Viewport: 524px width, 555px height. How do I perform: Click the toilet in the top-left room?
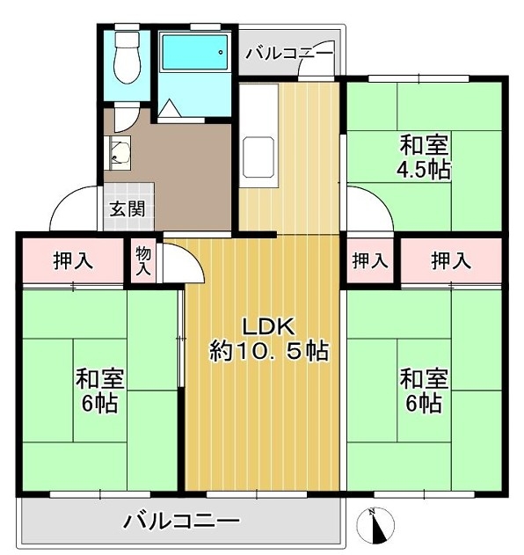coord(127,57)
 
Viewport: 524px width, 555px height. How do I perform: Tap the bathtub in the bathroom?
coord(194,52)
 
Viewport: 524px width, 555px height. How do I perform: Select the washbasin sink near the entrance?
coord(118,153)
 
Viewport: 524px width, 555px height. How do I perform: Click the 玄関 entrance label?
coord(127,209)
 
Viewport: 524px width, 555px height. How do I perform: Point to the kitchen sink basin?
coord(258,157)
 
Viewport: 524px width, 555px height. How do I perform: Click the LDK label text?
coord(268,327)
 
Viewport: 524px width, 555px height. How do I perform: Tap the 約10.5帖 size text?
coord(269,351)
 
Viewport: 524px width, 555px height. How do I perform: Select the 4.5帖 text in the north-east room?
coord(424,170)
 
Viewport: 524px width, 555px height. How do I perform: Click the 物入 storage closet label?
coord(143,261)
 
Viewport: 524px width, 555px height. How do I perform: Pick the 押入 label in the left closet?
coord(73,261)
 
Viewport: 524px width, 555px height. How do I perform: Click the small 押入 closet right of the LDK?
coord(370,261)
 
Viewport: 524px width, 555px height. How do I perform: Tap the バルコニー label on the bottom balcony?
coord(181,521)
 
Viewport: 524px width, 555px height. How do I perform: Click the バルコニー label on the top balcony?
coord(290,54)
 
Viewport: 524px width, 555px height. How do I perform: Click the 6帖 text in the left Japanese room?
coord(100,403)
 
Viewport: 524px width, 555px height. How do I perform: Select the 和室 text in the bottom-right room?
coord(425,378)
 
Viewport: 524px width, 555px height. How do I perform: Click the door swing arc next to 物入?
coord(191,255)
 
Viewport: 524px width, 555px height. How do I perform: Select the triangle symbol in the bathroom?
coord(169,108)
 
